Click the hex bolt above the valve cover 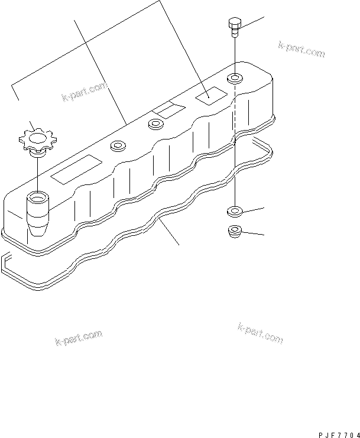coord(234,27)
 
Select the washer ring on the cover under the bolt coord(235,78)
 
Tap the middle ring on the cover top coord(156,124)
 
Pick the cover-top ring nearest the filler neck coord(118,146)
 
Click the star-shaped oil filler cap coord(37,141)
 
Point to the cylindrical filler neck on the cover coord(37,214)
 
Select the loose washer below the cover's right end coord(235,212)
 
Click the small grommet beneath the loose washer coord(235,231)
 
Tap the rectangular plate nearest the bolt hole coord(211,96)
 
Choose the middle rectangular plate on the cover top coord(168,109)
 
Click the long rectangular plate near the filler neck coord(76,169)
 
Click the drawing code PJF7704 coord(339,435)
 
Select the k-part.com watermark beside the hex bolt coord(301,49)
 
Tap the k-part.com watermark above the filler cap coord(85,92)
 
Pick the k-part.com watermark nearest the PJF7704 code coord(260,333)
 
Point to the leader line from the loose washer coord(254,210)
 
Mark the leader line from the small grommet coord(253,233)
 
